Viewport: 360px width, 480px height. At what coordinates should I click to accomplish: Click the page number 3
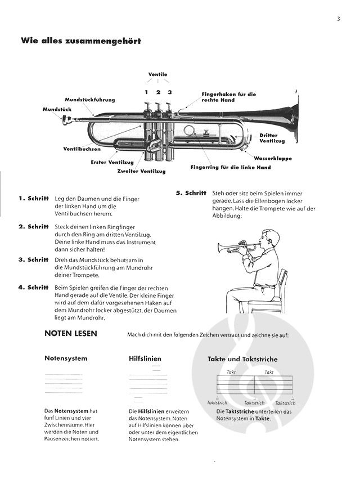click(x=339, y=19)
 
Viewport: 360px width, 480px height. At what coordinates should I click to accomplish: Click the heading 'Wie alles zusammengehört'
click(x=80, y=41)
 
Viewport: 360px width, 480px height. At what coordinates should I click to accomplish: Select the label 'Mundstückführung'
click(x=89, y=100)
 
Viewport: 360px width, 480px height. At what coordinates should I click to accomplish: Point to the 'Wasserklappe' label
click(x=273, y=158)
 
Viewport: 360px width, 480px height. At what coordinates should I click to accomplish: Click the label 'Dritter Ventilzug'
click(x=268, y=138)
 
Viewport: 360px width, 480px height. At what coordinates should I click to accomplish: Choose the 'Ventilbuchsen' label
click(x=82, y=149)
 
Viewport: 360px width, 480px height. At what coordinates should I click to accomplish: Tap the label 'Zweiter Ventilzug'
click(x=140, y=171)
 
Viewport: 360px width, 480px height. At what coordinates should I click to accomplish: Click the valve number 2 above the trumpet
click(x=158, y=92)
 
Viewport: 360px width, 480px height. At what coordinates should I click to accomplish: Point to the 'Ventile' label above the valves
click(x=157, y=74)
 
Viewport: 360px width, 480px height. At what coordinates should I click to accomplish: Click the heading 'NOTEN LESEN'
click(x=71, y=334)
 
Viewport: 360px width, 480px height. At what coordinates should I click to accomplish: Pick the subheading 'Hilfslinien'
click(x=145, y=358)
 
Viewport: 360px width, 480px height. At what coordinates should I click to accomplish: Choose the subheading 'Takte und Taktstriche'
click(x=242, y=358)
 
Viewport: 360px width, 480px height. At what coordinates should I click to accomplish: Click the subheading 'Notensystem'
click(x=66, y=358)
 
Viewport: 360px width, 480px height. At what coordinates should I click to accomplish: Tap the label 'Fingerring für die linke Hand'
click(x=231, y=167)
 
